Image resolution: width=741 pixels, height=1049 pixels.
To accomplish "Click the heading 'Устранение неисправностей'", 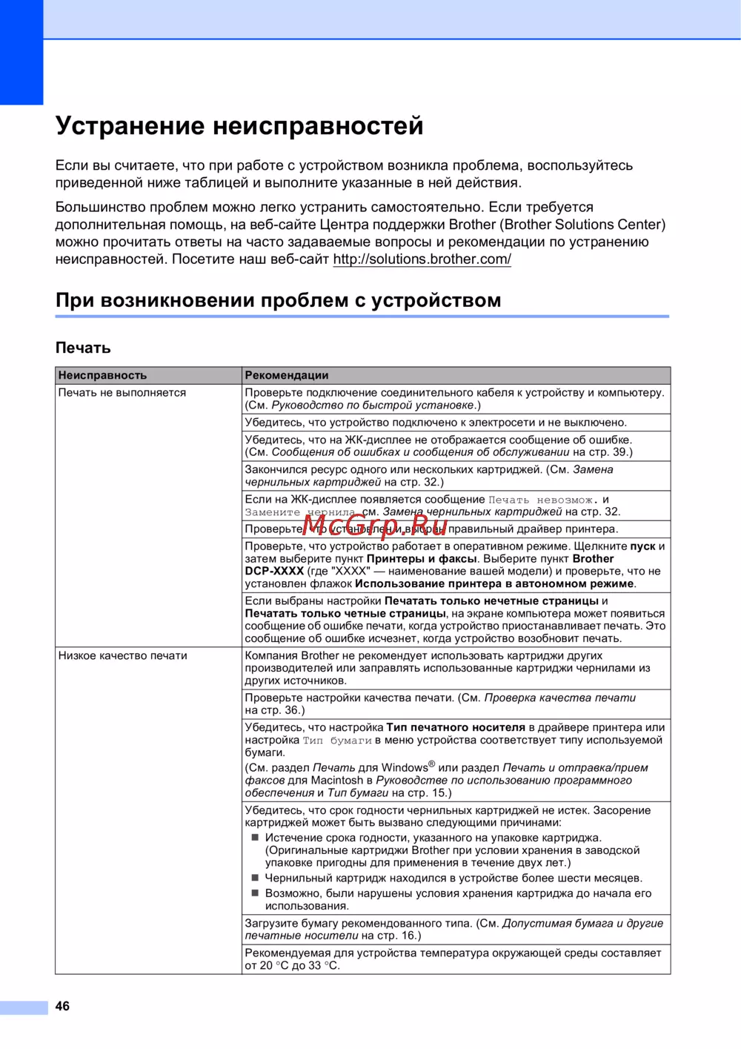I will coord(239,126).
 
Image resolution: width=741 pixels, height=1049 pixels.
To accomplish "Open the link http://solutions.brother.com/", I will coord(422,259).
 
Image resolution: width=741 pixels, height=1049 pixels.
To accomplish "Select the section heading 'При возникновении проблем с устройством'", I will coord(278,300).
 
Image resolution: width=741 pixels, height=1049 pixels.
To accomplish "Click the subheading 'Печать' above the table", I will coord(83,348).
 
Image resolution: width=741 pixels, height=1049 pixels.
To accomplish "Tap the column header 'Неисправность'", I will coord(102,376).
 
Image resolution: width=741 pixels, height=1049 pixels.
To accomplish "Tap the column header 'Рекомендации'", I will coord(287,376).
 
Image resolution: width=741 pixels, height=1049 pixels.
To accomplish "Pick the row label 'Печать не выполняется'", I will coord(122,393).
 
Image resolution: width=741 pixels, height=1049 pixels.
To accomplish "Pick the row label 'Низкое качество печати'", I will coord(123,656).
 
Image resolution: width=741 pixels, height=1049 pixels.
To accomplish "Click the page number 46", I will coord(62,1006).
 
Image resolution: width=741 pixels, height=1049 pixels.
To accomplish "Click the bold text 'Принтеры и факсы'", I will coord(421,559).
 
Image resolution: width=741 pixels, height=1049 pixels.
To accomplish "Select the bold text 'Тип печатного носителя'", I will coord(456,728).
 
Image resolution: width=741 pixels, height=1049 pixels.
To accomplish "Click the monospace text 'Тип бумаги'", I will coord(337,741).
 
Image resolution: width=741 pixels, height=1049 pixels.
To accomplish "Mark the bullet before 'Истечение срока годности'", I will coord(255,838).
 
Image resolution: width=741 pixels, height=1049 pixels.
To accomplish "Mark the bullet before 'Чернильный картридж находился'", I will coord(255,878).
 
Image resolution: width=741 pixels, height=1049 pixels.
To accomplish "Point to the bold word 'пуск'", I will coord(642,546).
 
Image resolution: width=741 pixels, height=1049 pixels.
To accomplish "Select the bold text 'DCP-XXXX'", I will coord(274,572).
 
